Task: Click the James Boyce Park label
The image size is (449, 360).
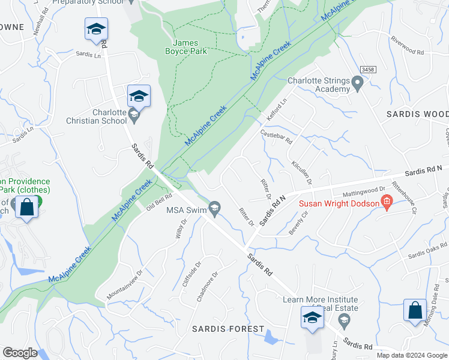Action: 190,47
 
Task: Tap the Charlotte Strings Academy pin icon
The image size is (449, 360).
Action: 358,83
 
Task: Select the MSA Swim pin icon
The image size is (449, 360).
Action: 214,209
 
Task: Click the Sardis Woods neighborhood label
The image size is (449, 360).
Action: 417,114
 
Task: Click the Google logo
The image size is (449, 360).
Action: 20,353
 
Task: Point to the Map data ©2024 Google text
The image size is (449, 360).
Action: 411,355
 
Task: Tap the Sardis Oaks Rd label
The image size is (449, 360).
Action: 428,251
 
